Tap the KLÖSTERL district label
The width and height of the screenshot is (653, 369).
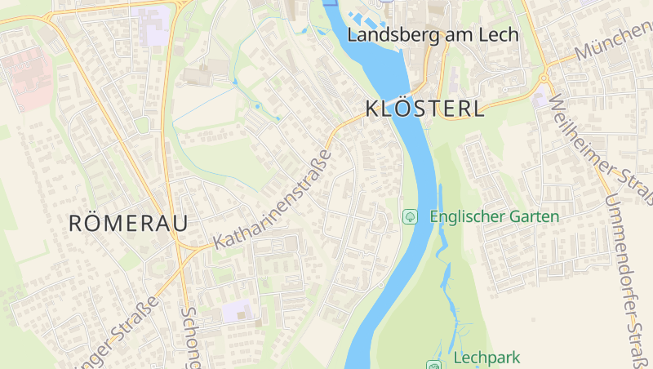[424, 109]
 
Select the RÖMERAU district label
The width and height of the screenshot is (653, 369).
[128, 223]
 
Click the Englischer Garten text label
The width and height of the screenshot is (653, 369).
[494, 216]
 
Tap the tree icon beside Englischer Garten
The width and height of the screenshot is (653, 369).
[411, 216]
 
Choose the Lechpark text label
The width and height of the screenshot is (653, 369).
[486, 358]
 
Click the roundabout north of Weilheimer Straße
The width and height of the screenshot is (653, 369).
[543, 78]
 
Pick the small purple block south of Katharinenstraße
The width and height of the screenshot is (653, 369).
[237, 310]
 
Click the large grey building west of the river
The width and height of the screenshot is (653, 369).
[200, 75]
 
